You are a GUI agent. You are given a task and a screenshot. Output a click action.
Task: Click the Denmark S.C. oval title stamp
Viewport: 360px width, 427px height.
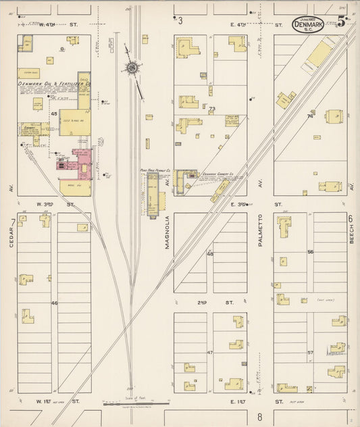[x=307, y=24]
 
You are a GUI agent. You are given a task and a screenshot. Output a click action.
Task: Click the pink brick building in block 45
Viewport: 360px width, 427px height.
[x=83, y=164]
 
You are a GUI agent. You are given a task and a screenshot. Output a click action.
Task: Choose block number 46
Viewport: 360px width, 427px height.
[x=54, y=303]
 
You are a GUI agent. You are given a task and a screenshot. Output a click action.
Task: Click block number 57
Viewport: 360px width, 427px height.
[x=311, y=353]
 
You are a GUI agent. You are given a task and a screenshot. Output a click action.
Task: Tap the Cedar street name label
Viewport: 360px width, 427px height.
[x=11, y=236]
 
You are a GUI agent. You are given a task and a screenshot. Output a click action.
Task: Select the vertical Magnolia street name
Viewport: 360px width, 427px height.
[x=166, y=232]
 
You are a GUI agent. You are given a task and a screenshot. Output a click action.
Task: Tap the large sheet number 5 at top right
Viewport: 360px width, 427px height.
[x=342, y=21]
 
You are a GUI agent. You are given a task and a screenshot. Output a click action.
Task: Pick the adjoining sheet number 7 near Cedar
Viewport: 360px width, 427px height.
[x=13, y=222]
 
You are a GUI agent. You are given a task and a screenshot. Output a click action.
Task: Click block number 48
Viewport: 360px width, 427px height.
[x=210, y=254]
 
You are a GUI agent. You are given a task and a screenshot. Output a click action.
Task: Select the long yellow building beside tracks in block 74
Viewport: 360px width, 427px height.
[x=321, y=53]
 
